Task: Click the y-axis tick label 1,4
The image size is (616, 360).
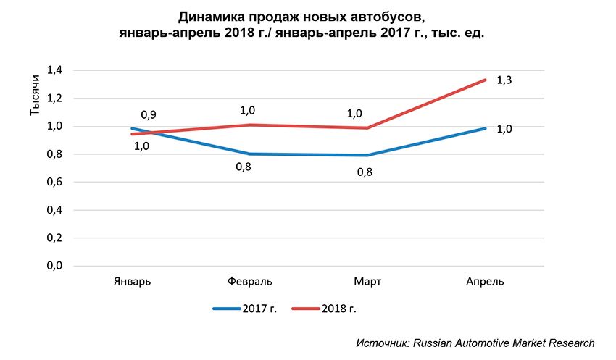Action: coord(55,70)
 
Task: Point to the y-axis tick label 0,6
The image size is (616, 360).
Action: coord(55,182)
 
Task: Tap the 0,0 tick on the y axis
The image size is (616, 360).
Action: coord(55,266)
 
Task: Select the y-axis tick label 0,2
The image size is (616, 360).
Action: coord(55,238)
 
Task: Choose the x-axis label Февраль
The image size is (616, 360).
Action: coord(249,281)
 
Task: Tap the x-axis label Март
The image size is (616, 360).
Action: coord(367,281)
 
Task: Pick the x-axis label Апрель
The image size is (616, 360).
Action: coord(485,281)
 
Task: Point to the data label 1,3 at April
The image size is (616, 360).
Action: coord(504,80)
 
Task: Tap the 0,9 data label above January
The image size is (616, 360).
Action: coord(149,114)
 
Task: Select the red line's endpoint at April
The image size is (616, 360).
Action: coord(484,80)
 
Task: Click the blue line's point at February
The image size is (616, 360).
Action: coord(249,154)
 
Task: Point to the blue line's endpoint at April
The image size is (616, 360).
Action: coord(484,128)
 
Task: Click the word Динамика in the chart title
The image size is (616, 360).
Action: coord(209,15)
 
